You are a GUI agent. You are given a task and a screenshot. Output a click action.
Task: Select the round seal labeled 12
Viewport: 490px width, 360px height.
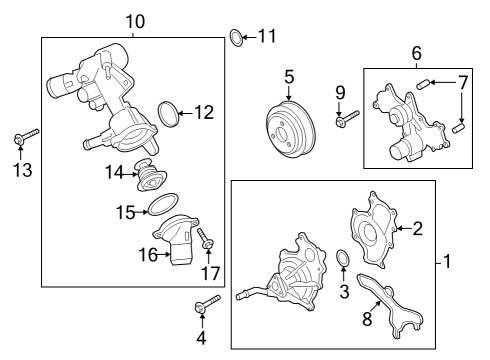170,111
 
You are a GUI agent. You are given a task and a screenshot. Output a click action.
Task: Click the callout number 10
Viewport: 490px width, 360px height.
135,21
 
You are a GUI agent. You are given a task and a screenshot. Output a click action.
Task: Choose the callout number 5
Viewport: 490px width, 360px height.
289,75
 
